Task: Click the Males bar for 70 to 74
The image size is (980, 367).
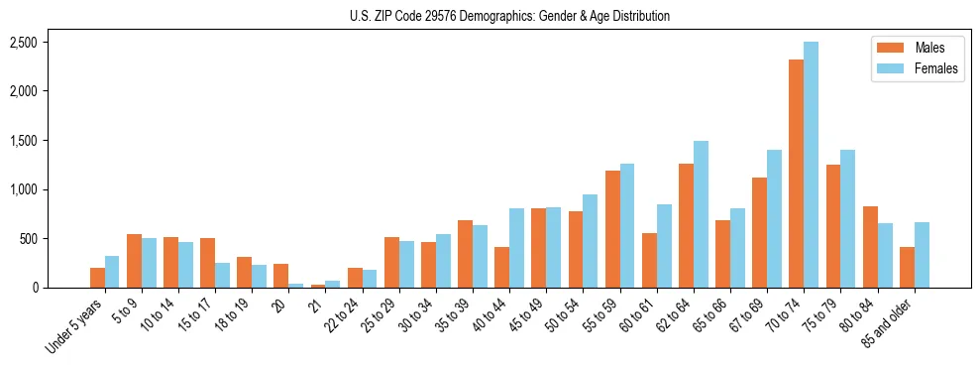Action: pos(797,174)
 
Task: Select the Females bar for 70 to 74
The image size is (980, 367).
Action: pos(812,165)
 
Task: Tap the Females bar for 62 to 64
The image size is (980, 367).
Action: pos(701,214)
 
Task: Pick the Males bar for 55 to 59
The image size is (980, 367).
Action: pos(612,229)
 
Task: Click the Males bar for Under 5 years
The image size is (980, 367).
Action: pos(97,278)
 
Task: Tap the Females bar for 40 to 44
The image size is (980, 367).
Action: pos(516,248)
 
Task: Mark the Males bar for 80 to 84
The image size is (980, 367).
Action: pos(870,247)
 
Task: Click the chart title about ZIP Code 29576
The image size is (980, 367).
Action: pos(509,16)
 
